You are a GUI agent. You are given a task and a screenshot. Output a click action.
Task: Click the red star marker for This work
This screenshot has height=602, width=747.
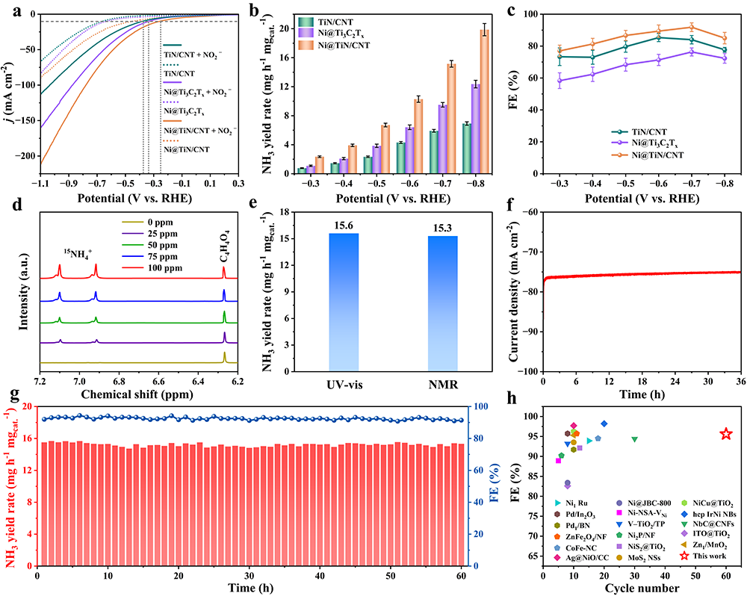pyautogui.click(x=725, y=434)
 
